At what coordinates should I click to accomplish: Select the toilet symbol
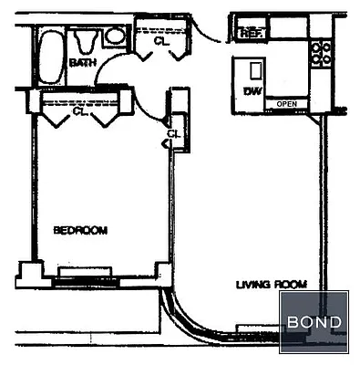pyautogui.click(x=87, y=40)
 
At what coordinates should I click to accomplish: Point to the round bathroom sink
pyautogui.click(x=116, y=36)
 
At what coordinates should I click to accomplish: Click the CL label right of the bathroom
pyautogui.click(x=160, y=41)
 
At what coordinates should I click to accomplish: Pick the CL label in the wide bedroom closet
pyautogui.click(x=79, y=113)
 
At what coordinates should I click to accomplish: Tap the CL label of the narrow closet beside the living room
pyautogui.click(x=172, y=138)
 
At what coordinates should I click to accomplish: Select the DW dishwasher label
pyautogui.click(x=252, y=91)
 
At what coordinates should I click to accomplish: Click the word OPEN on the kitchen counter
pyautogui.click(x=286, y=104)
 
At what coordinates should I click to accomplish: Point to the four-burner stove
pyautogui.click(x=320, y=53)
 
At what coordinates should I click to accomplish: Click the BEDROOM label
pyautogui.click(x=80, y=230)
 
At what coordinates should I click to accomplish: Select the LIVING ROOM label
pyautogui.click(x=271, y=284)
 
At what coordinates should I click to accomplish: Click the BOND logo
pyautogui.click(x=314, y=322)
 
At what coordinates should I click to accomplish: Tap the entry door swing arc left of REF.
pyautogui.click(x=211, y=30)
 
